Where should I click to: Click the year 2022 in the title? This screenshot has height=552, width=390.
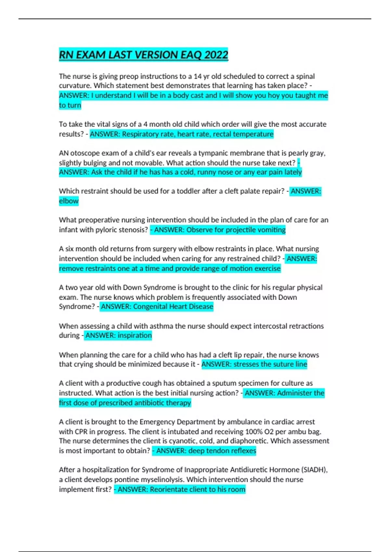click(216, 55)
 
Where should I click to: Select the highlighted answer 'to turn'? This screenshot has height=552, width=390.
click(70, 105)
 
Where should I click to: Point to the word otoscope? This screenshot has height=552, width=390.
click(86, 153)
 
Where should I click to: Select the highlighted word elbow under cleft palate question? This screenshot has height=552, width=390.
click(69, 201)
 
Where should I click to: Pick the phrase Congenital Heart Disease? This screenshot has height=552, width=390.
click(173, 307)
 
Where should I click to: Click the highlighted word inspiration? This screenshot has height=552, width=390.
click(135, 335)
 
